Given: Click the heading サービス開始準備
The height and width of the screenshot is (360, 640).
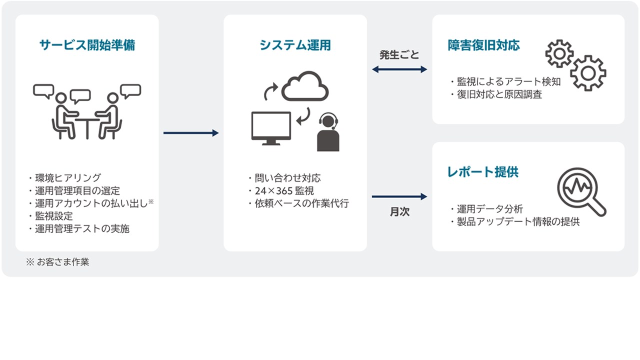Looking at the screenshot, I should click(x=87, y=45).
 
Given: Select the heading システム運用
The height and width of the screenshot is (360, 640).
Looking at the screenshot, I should click(x=295, y=45).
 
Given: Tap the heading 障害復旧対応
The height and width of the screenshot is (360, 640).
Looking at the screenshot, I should click(x=483, y=45).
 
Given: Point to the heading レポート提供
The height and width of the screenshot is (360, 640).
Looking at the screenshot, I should click(x=482, y=172).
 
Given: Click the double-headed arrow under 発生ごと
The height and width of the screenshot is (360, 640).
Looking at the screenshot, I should click(x=399, y=69).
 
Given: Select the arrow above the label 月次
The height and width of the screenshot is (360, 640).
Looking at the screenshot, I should click(x=399, y=196).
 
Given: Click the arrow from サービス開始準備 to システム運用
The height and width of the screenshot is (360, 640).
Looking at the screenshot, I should click(x=191, y=133).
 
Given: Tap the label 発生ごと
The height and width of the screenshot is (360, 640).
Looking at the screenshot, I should click(x=399, y=55).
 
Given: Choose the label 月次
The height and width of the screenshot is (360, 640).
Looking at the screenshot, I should click(x=399, y=212).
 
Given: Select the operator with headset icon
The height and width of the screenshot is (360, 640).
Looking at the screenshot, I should click(x=328, y=133).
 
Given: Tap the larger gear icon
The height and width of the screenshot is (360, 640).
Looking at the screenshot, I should click(x=588, y=73).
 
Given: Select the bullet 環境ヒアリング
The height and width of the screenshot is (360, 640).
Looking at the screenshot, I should click(x=65, y=177).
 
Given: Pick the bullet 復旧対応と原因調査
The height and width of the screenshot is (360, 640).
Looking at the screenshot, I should click(x=495, y=94).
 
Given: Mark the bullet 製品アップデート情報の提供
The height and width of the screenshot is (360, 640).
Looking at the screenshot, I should click(x=514, y=222).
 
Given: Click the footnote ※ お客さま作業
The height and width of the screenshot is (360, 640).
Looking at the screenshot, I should click(x=57, y=262).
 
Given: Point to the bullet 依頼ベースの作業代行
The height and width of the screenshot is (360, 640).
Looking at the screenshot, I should click(x=298, y=203).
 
